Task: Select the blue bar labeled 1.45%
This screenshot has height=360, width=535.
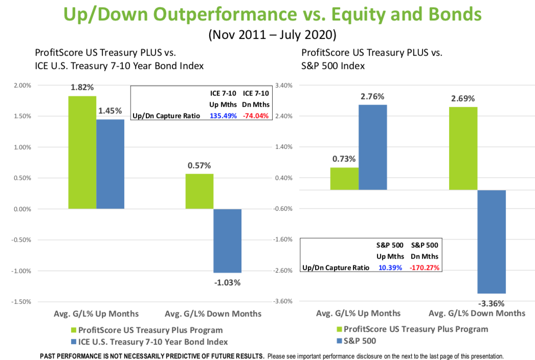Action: [110, 164]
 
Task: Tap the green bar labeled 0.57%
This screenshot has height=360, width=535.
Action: [199, 191]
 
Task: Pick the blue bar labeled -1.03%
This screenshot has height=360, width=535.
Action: [227, 241]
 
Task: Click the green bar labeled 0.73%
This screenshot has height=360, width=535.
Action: [344, 179]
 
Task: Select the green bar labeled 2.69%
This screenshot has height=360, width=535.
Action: [463, 148]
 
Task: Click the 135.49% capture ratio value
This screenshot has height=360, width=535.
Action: [223, 116]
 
